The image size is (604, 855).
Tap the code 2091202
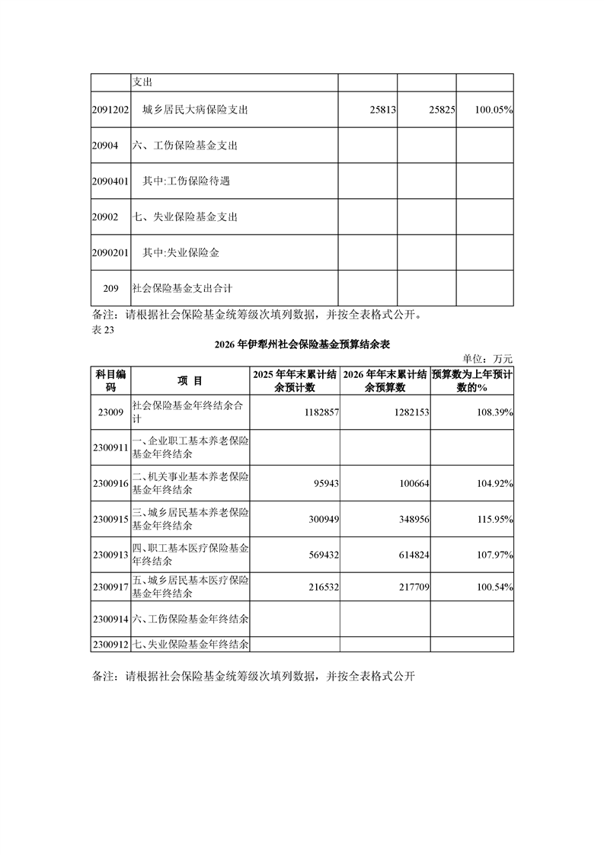click(110, 110)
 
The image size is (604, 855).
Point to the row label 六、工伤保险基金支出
click(186, 146)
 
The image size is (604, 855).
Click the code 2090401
click(110, 181)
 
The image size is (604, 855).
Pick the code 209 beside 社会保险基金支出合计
click(110, 288)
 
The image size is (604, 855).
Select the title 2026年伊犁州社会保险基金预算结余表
click(302, 344)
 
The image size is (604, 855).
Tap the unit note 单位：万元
click(488, 358)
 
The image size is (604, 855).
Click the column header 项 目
click(190, 380)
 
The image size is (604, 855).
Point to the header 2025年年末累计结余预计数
click(296, 380)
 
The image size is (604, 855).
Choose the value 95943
click(321, 484)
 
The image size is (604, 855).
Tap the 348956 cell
click(406, 520)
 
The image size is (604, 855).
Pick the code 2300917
click(110, 588)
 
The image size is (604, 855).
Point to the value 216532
click(318, 588)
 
